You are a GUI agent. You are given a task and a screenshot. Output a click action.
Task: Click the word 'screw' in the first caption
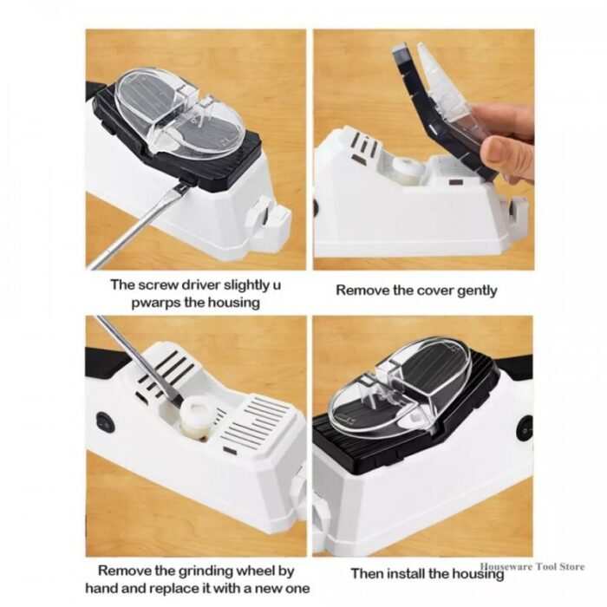coord(158,285)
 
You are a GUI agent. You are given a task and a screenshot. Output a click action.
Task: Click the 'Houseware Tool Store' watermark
coord(532,567)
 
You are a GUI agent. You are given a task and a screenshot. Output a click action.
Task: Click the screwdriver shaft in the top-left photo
coord(135,227)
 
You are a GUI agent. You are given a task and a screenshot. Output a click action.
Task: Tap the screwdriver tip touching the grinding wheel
coord(175,401)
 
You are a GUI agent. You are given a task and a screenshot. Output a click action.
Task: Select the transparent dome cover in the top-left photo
coord(180,114)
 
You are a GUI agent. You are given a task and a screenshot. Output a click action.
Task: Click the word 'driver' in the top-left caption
coord(201,285)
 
